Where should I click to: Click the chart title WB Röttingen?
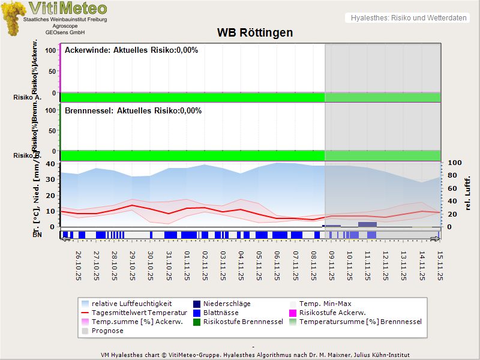(x=255, y=32)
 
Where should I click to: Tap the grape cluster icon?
(x=13, y=18)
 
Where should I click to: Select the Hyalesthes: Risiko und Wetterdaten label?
(x=407, y=18)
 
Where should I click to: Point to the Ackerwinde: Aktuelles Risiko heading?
(x=131, y=50)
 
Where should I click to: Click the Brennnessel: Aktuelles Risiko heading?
(x=133, y=111)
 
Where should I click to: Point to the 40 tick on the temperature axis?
(x=50, y=163)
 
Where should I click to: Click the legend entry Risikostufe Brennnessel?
(x=243, y=322)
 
